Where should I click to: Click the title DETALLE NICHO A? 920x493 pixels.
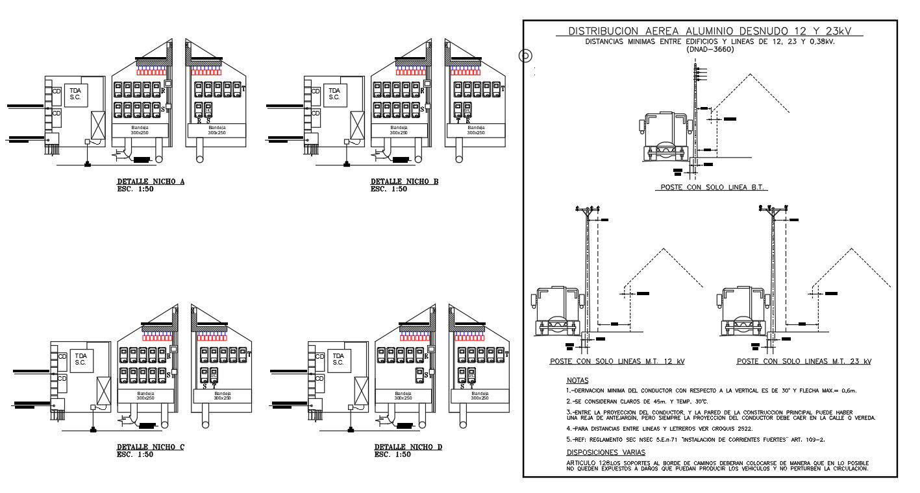click(x=151, y=182)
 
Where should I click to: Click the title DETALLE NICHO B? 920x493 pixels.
click(x=404, y=182)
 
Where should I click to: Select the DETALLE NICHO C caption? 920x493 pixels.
click(x=151, y=447)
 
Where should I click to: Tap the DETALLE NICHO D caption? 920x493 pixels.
click(x=408, y=447)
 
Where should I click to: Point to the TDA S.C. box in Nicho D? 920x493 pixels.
click(x=338, y=359)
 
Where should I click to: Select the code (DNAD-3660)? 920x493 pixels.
click(x=710, y=49)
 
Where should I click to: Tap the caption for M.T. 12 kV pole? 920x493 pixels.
click(x=617, y=361)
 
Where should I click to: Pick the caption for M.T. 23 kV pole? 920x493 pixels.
click(x=804, y=361)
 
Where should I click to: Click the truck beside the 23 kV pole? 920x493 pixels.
click(x=745, y=311)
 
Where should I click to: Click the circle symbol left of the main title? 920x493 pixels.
click(x=525, y=56)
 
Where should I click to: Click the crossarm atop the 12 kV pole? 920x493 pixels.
click(x=587, y=210)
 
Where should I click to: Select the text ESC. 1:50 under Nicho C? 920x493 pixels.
click(x=135, y=455)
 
